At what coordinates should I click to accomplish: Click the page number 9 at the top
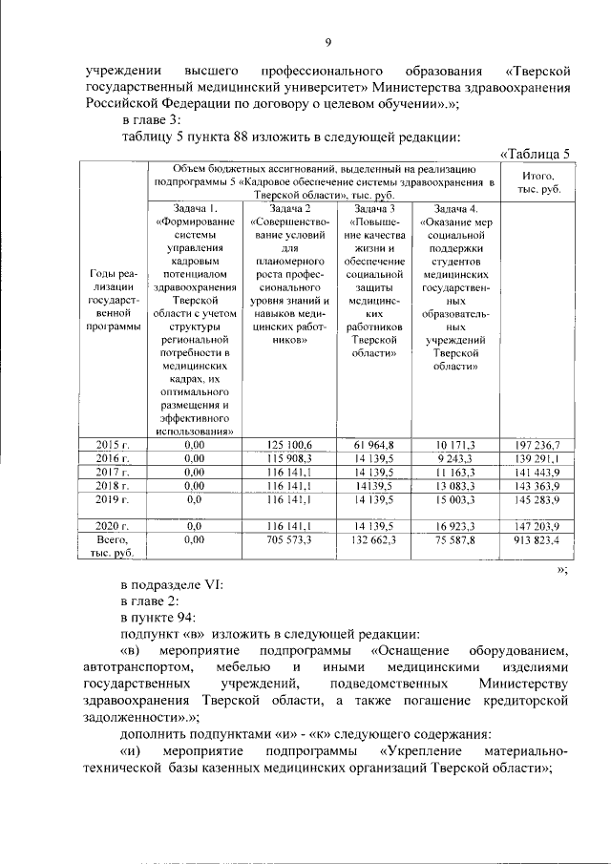(327, 41)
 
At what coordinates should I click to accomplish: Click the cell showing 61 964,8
(374, 444)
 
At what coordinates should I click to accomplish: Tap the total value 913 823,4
(540, 539)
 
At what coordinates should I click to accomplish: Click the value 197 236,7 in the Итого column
(540, 444)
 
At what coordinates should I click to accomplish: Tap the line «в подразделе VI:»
(172, 585)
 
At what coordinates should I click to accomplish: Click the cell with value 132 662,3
(374, 539)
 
